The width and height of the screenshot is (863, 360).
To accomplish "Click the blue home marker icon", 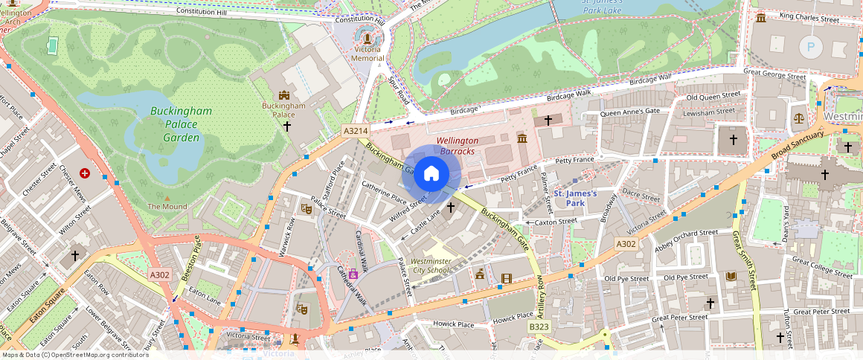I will point(431,174).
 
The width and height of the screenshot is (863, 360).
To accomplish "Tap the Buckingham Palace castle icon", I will point(283,95).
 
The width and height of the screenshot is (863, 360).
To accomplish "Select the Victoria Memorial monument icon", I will point(367,35).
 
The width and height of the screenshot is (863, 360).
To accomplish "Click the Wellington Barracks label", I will point(457,146).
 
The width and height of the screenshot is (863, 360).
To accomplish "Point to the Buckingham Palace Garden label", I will point(181,124).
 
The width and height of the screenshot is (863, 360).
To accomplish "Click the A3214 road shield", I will point(356,131).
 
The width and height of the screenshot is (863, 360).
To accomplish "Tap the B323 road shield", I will point(539,327).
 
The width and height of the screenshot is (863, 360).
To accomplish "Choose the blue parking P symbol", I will point(810,48).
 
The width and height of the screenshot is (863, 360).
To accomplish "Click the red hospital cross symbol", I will point(85,173).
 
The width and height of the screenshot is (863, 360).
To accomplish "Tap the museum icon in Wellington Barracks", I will point(522,138).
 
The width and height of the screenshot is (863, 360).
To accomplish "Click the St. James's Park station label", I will point(576,198).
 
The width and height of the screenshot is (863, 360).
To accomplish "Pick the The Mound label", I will point(167,206).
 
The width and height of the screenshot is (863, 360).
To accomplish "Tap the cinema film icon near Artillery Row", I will point(507,278).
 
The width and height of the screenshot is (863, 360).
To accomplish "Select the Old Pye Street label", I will point(626,279).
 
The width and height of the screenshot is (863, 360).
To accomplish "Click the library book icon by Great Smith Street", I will point(731,276).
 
